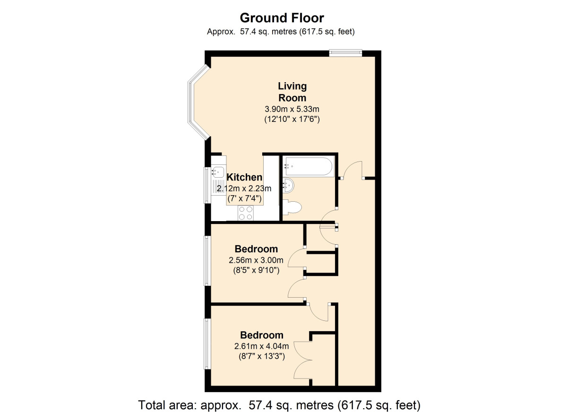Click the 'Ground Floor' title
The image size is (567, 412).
282,18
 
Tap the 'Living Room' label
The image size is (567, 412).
292,92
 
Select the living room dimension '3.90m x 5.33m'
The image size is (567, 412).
292,109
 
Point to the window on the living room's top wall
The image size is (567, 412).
345,52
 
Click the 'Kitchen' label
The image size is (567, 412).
244,178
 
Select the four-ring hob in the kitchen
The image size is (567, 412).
245,213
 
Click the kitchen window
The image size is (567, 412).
206,185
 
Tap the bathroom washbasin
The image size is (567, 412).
288,185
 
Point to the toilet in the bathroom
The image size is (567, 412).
293,207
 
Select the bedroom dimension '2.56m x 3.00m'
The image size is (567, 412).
256,260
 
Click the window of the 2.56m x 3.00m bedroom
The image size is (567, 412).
206,260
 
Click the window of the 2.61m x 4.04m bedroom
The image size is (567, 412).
206,343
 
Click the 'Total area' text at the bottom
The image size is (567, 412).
279,405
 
